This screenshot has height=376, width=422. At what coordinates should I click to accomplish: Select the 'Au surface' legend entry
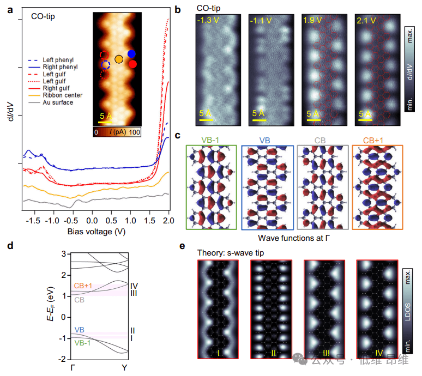(x=59, y=102)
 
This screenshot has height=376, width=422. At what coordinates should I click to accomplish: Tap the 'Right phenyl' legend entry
(x=60, y=66)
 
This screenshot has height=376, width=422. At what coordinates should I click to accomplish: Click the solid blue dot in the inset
(x=131, y=53)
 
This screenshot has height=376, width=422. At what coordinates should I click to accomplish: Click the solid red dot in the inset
(x=132, y=64)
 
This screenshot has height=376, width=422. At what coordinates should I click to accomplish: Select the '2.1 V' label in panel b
(x=366, y=21)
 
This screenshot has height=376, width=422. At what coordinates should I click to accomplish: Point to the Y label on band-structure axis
(x=124, y=368)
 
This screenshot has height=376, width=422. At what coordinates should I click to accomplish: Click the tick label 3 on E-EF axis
(x=64, y=254)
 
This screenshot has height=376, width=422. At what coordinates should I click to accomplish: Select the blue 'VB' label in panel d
(x=80, y=330)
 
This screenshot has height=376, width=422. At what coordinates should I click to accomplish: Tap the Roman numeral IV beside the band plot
(x=135, y=285)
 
